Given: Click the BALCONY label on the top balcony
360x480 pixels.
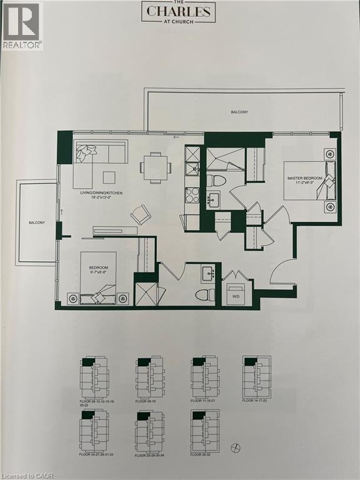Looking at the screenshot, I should tap(239, 112).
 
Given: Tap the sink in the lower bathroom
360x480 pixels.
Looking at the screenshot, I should tap(208, 274).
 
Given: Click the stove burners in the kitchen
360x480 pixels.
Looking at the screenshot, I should tap(192, 196).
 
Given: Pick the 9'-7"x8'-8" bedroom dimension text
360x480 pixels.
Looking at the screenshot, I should tap(98, 272).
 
